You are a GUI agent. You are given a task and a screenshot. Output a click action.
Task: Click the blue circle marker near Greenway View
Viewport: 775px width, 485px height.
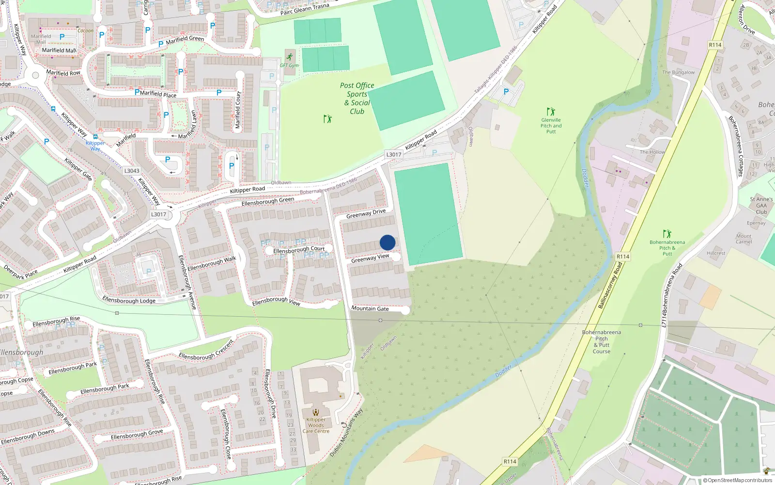click(x=387, y=242)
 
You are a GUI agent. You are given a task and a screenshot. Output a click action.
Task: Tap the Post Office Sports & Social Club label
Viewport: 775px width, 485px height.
click(x=357, y=98)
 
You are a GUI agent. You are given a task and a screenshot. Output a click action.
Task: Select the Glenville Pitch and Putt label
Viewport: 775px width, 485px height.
click(x=551, y=126)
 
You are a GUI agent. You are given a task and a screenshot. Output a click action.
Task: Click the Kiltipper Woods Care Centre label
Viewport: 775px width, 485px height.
click(x=316, y=425)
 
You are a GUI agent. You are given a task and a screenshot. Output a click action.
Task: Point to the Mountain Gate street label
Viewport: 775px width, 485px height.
click(x=370, y=308)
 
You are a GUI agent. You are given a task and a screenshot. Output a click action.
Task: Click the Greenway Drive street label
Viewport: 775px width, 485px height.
click(x=366, y=214)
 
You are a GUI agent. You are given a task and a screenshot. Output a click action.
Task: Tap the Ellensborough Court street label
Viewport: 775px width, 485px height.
click(x=299, y=250)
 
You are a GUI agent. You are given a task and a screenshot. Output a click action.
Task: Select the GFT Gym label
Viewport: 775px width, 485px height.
click(x=289, y=65)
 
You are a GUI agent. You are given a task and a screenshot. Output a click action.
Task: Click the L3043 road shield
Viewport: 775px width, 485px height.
click(x=132, y=171)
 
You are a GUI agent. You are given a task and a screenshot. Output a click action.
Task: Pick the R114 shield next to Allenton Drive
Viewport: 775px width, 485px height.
click(x=715, y=45)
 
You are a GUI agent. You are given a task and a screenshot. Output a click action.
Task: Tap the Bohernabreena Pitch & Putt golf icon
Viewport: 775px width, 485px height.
click(x=667, y=234)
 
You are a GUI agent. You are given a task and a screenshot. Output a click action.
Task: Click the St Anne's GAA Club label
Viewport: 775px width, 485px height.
click(x=761, y=206)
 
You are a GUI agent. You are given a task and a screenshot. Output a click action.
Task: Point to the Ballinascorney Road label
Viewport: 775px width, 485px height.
click(x=610, y=286)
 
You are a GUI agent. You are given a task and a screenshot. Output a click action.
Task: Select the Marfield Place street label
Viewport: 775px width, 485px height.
click(x=158, y=94)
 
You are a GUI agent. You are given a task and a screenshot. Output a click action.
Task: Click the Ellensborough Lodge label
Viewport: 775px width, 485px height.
click(x=129, y=301)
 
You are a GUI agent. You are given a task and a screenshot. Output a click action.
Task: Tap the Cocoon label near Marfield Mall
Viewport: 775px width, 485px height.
click(x=86, y=31)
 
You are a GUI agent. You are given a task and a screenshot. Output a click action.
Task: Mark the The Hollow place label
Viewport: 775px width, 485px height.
click(x=652, y=152)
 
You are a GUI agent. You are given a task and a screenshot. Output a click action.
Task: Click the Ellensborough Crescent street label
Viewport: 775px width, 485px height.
click(x=206, y=351)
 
